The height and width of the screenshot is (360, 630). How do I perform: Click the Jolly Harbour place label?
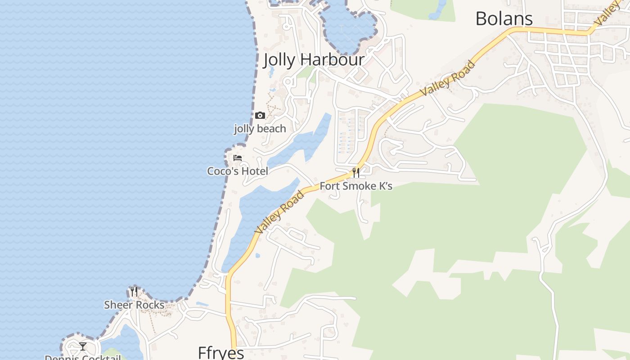314,60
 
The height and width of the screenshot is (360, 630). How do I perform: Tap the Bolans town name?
504,19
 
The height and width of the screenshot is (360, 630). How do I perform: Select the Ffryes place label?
221,352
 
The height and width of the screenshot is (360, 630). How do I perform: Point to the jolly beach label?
260,129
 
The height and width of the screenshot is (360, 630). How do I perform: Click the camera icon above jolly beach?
260,116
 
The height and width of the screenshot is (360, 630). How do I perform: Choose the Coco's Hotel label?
238,171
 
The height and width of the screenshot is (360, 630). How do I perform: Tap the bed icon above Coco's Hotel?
238,158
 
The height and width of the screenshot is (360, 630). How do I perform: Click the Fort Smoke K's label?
356,186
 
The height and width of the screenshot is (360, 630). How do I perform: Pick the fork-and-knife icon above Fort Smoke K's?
356,172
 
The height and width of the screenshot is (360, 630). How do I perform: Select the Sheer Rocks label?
134,305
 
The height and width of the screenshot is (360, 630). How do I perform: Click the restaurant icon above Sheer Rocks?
134,292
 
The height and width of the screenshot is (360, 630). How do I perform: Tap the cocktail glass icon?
83,346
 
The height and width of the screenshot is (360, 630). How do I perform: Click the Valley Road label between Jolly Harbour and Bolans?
447,78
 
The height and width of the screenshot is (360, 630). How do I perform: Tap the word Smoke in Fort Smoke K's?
356,186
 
